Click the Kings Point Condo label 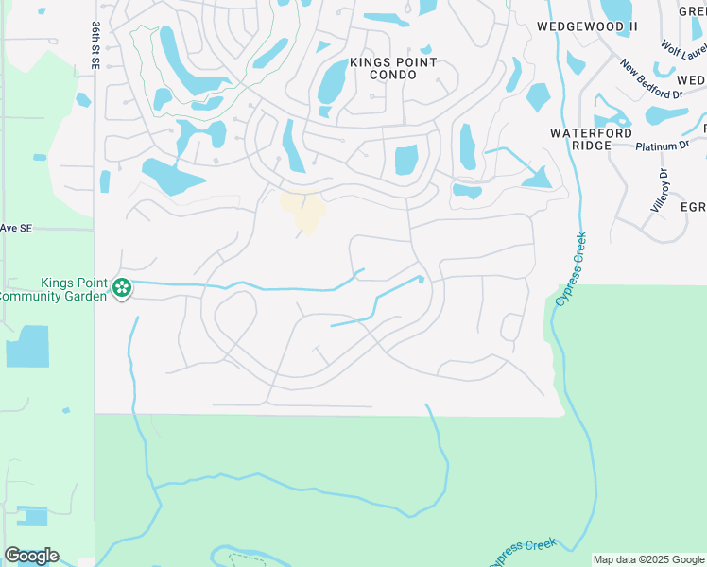pos(393,68)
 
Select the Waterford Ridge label pos(592,140)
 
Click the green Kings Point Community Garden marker pos(121,287)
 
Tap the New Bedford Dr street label pos(651,80)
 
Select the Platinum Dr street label pos(663,146)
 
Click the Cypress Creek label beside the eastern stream pos(571,269)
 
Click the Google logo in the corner pos(31,556)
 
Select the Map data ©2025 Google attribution pos(648,559)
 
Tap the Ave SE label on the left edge pos(16,228)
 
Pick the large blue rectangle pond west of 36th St pos(27,346)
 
